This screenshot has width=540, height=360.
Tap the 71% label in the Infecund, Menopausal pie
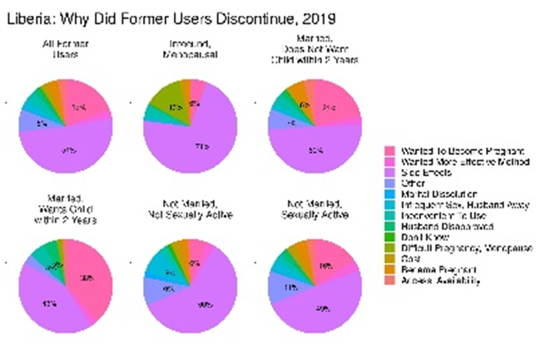(x=201, y=146)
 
